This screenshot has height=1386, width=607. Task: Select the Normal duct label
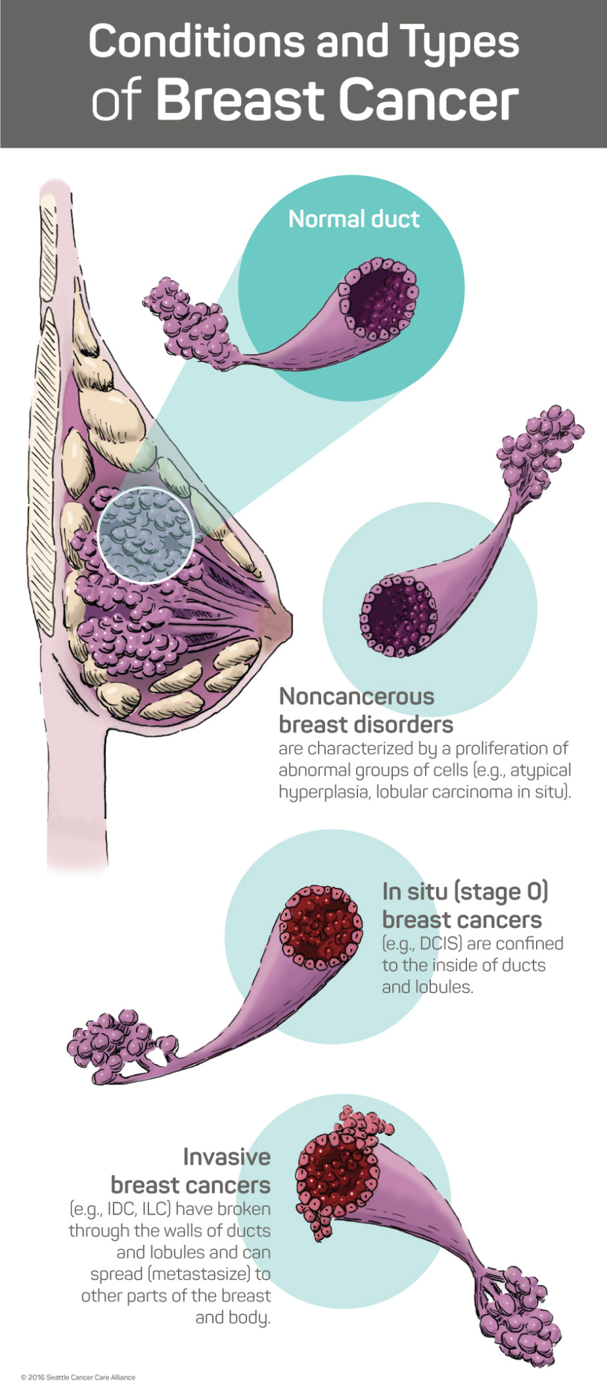point(353,219)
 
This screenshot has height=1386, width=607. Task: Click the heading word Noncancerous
point(357,696)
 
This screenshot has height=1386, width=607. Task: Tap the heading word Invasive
point(227,1157)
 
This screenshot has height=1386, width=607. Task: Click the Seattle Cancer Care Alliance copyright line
point(78,1377)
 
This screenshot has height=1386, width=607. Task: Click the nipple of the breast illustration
point(284,618)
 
